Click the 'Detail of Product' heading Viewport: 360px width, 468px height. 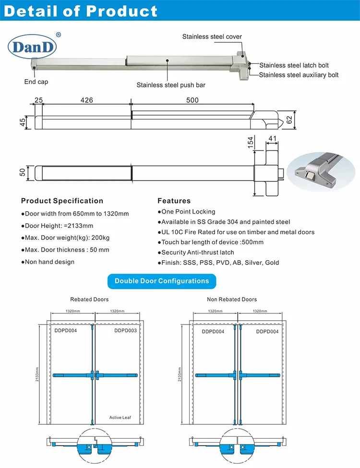pos(81,11)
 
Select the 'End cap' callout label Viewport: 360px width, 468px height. pos(36,82)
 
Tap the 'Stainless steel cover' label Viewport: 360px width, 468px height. pos(212,36)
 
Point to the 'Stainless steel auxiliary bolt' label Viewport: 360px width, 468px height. pos(299,75)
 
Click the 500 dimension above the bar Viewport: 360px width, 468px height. pos(192,100)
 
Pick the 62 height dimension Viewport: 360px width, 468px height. pos(289,120)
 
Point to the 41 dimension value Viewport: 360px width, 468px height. pos(273,139)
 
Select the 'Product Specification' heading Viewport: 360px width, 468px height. pos(62,201)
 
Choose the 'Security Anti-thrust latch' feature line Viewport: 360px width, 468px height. pos(196,252)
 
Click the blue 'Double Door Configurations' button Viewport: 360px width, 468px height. pos(162,281)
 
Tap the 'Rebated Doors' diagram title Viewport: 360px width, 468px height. pos(89,300)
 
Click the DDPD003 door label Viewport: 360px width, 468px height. pos(125,331)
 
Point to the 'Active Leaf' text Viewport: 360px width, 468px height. pos(120,418)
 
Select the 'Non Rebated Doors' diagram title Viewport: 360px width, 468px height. pos(232,300)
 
